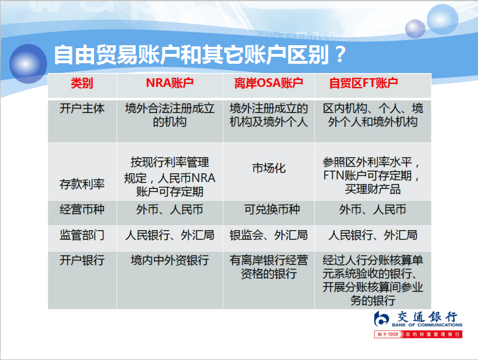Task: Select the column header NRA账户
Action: pos(169,83)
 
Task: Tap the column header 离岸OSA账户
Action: pos(269,83)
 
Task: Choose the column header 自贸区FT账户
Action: pos(363,83)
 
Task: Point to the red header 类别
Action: pos(82,83)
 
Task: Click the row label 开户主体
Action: pos(82,108)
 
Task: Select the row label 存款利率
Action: pos(82,184)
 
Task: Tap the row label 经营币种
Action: pos(82,209)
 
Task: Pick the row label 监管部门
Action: pos(82,235)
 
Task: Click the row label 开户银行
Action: pos(82,260)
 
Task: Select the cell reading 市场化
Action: pos(269,168)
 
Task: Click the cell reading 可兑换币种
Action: pos(272,209)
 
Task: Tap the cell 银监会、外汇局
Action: pos(269,235)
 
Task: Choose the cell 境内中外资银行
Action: pos(170,260)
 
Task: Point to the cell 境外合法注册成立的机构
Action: pos(170,115)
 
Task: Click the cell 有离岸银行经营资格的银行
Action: pos(269,267)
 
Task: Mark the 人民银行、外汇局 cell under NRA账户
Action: pos(170,235)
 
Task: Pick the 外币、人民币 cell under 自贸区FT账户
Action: pos(372,209)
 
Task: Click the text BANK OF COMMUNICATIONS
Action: pos(427,325)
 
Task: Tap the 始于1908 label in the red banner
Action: pos(388,334)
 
